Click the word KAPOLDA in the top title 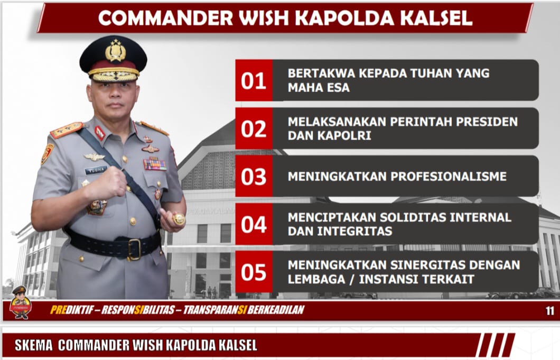(345, 18)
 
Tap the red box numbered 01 (254, 80)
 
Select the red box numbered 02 (254, 128)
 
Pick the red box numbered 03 (254, 176)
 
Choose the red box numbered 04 (254, 224)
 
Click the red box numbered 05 (254, 272)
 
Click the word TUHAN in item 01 (431, 73)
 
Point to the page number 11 (550, 311)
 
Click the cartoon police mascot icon (21, 302)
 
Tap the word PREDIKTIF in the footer (72, 310)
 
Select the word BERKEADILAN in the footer (276, 310)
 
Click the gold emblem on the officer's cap (115, 51)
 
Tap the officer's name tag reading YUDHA (96, 170)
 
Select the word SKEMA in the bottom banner (34, 345)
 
